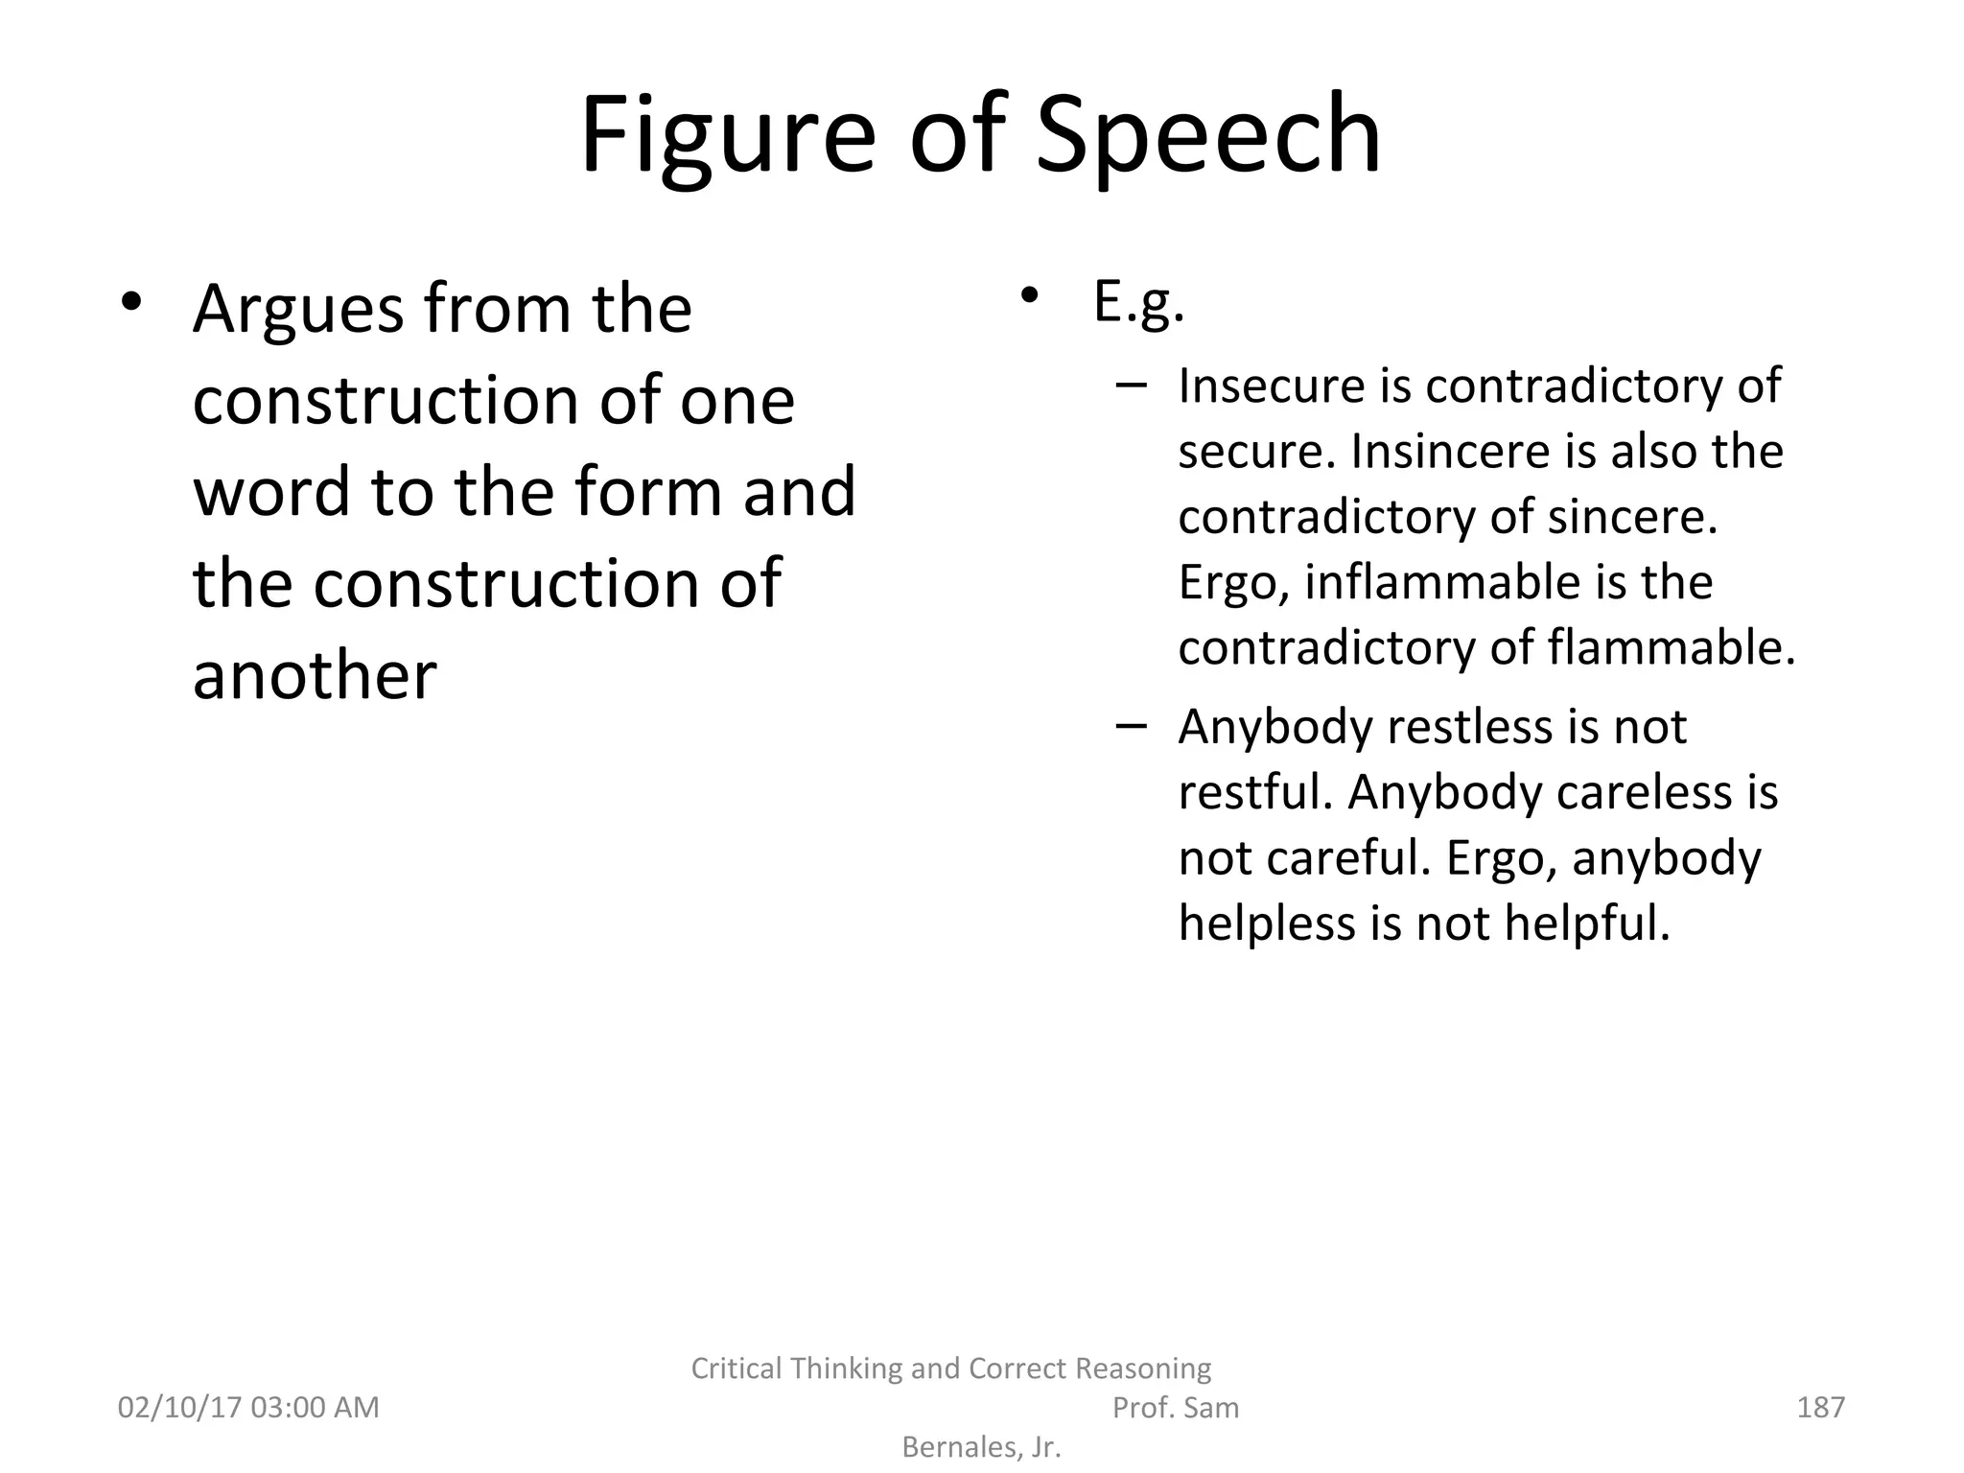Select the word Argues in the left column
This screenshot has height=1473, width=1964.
click(298, 311)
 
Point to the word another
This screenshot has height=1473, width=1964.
click(315, 674)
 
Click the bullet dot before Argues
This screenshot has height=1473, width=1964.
click(131, 302)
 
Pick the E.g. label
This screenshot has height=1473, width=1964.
click(1138, 303)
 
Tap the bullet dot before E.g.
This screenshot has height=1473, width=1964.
click(1030, 294)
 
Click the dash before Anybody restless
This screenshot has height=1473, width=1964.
click(1132, 726)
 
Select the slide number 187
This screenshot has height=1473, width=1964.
click(1820, 1408)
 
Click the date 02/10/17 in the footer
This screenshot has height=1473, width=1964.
click(178, 1408)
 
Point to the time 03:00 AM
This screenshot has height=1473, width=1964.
click(315, 1408)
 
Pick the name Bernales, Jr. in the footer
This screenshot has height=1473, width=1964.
click(981, 1447)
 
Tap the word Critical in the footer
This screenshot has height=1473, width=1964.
click(736, 1368)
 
